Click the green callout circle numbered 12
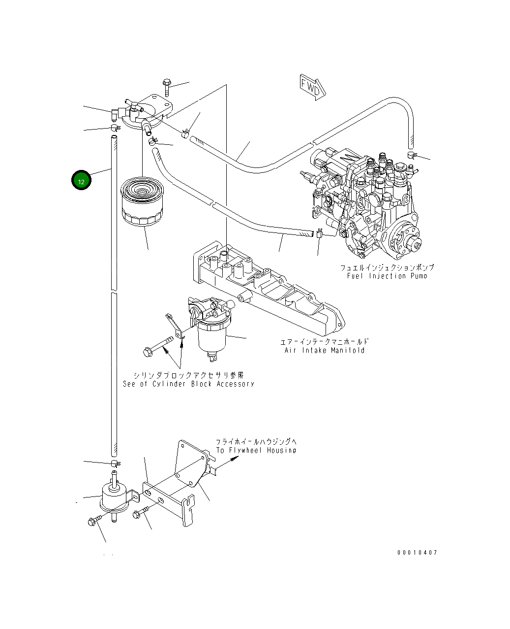pyautogui.click(x=81, y=180)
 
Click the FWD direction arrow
pyautogui.click(x=313, y=87)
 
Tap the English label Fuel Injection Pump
pyautogui.click(x=387, y=276)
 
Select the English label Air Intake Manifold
pyautogui.click(x=324, y=350)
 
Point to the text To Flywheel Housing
pyautogui.click(x=256, y=450)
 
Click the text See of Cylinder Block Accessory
pyautogui.click(x=188, y=384)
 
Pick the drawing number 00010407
pyautogui.click(x=417, y=552)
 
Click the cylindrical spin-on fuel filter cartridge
pyautogui.click(x=142, y=201)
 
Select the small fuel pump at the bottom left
pyautogui.click(x=115, y=496)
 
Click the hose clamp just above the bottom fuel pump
pyautogui.click(x=115, y=463)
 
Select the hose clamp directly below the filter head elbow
pyautogui.click(x=115, y=128)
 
